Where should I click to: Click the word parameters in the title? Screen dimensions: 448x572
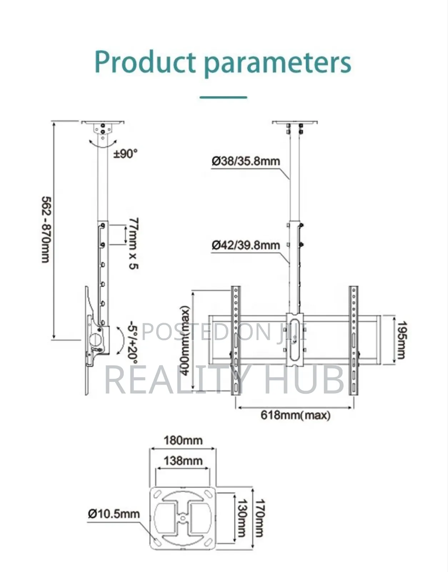[278, 64]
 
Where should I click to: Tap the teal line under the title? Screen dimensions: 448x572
[223, 97]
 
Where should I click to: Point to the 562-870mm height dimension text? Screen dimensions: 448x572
[46, 229]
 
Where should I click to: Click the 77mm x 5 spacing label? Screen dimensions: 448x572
[134, 243]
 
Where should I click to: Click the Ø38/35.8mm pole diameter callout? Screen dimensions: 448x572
[246, 161]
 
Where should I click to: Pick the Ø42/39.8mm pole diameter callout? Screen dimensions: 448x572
[246, 245]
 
